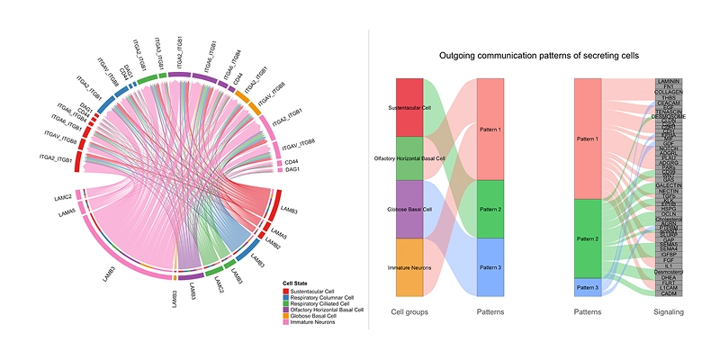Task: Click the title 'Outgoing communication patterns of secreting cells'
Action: pos(539,56)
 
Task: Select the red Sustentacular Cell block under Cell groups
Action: pos(409,107)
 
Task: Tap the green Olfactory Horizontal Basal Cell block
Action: pos(409,158)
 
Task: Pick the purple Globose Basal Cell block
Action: pos(409,209)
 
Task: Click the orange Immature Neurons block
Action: pos(409,267)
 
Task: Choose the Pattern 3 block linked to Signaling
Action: pos(588,287)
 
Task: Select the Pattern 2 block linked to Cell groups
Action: pos(490,209)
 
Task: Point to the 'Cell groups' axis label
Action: pos(409,311)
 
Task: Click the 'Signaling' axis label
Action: pos(669,311)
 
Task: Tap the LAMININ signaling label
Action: pos(669,82)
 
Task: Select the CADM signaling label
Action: pos(669,293)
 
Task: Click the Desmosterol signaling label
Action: pos(669,273)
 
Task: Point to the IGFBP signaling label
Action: pos(669,255)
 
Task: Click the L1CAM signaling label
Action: pos(669,287)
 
